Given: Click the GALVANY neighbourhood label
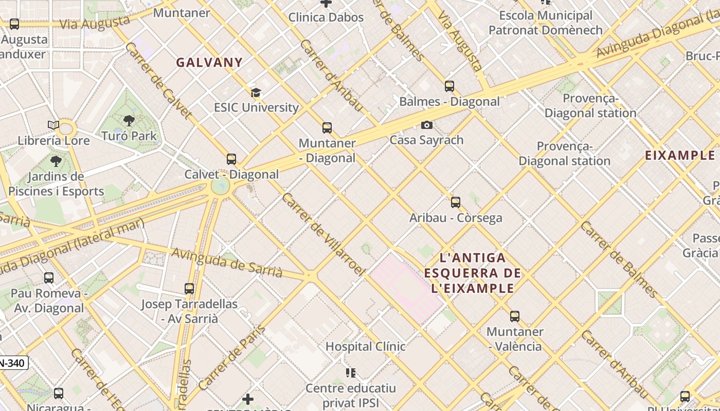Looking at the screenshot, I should (209, 63).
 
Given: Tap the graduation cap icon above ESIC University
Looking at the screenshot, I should (256, 93).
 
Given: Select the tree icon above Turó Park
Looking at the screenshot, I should (129, 121).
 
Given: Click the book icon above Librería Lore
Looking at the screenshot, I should (53, 125).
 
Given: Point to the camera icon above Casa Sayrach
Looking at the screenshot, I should (426, 125).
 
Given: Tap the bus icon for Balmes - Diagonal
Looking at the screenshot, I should (449, 86).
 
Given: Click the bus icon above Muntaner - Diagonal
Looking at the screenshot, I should (327, 128).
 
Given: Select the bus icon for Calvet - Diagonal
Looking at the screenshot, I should (231, 159).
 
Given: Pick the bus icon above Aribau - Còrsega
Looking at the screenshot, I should (456, 202).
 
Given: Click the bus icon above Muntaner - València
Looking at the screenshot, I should (515, 316).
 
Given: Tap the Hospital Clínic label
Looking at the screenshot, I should (365, 346).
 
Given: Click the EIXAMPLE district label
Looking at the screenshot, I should (680, 155).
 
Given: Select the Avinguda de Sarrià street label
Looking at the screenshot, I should (227, 263).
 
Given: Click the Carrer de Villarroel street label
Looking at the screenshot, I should (323, 234).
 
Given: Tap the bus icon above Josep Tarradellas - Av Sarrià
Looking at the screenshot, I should (189, 289).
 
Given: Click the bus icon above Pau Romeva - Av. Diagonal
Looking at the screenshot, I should (49, 278).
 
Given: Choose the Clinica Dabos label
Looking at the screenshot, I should (326, 17).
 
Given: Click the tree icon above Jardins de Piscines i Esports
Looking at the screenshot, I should (56, 161).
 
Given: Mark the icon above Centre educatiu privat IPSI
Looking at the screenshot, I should (351, 372).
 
